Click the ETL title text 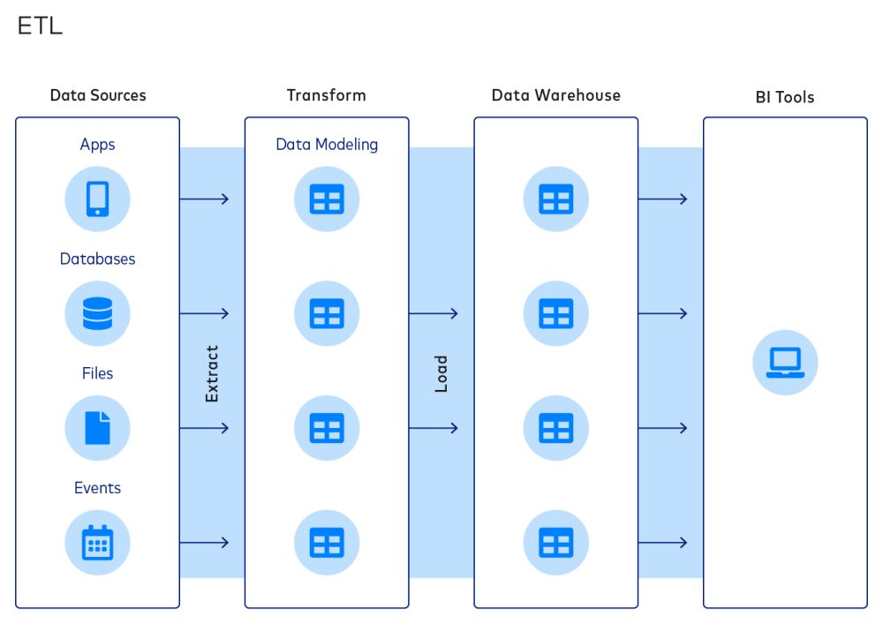[40, 26]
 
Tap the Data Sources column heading [98, 95]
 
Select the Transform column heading [326, 95]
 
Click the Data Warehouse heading [555, 95]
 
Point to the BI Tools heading [784, 97]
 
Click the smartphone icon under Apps [97, 199]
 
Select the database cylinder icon [97, 313]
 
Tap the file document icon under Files [97, 428]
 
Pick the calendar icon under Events [97, 543]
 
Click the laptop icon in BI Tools [785, 362]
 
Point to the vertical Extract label [212, 373]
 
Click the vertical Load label [441, 373]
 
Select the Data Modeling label [327, 145]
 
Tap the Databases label [97, 259]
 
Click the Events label [97, 488]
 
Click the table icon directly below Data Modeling [327, 199]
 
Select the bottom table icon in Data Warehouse [556, 543]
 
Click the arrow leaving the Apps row [204, 199]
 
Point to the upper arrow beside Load [434, 313]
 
